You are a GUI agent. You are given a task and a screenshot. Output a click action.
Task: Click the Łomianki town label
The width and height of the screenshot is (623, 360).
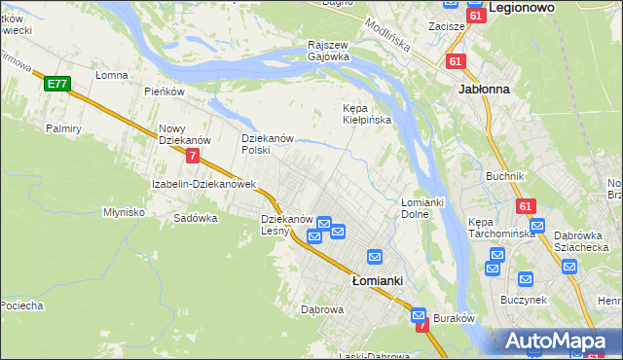[x=377, y=280]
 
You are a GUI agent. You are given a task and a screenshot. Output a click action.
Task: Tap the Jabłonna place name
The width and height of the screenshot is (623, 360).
[x=483, y=88]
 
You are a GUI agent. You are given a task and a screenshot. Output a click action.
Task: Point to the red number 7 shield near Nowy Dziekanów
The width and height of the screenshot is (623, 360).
[x=194, y=156]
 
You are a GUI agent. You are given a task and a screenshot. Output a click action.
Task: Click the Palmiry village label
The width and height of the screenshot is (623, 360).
[x=63, y=127]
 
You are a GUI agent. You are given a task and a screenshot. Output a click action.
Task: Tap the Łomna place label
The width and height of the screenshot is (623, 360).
[x=112, y=74]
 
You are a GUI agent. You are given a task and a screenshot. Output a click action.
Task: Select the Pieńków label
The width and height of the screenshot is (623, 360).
[x=164, y=91]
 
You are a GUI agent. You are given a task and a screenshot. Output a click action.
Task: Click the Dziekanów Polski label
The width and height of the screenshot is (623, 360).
[x=268, y=144]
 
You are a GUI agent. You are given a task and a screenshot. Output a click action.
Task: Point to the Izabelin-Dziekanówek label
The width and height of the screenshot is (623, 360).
[x=202, y=184]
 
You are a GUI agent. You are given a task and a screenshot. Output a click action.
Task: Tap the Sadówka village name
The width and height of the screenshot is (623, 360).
[x=195, y=218]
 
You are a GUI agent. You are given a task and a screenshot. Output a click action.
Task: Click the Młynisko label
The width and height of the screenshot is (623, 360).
[x=124, y=211]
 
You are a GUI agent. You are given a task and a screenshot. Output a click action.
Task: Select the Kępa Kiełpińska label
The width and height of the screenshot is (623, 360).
[x=366, y=114]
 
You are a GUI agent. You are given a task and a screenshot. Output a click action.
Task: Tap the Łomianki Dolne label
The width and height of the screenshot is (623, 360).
[x=422, y=207]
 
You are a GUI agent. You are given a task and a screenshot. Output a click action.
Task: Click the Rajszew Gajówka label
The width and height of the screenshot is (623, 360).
[x=328, y=51]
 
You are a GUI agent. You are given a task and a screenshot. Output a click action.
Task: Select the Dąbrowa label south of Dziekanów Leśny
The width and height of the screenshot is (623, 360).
[x=322, y=309]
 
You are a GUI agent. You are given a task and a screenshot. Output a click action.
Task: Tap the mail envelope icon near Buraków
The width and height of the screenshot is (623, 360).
[x=419, y=315]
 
